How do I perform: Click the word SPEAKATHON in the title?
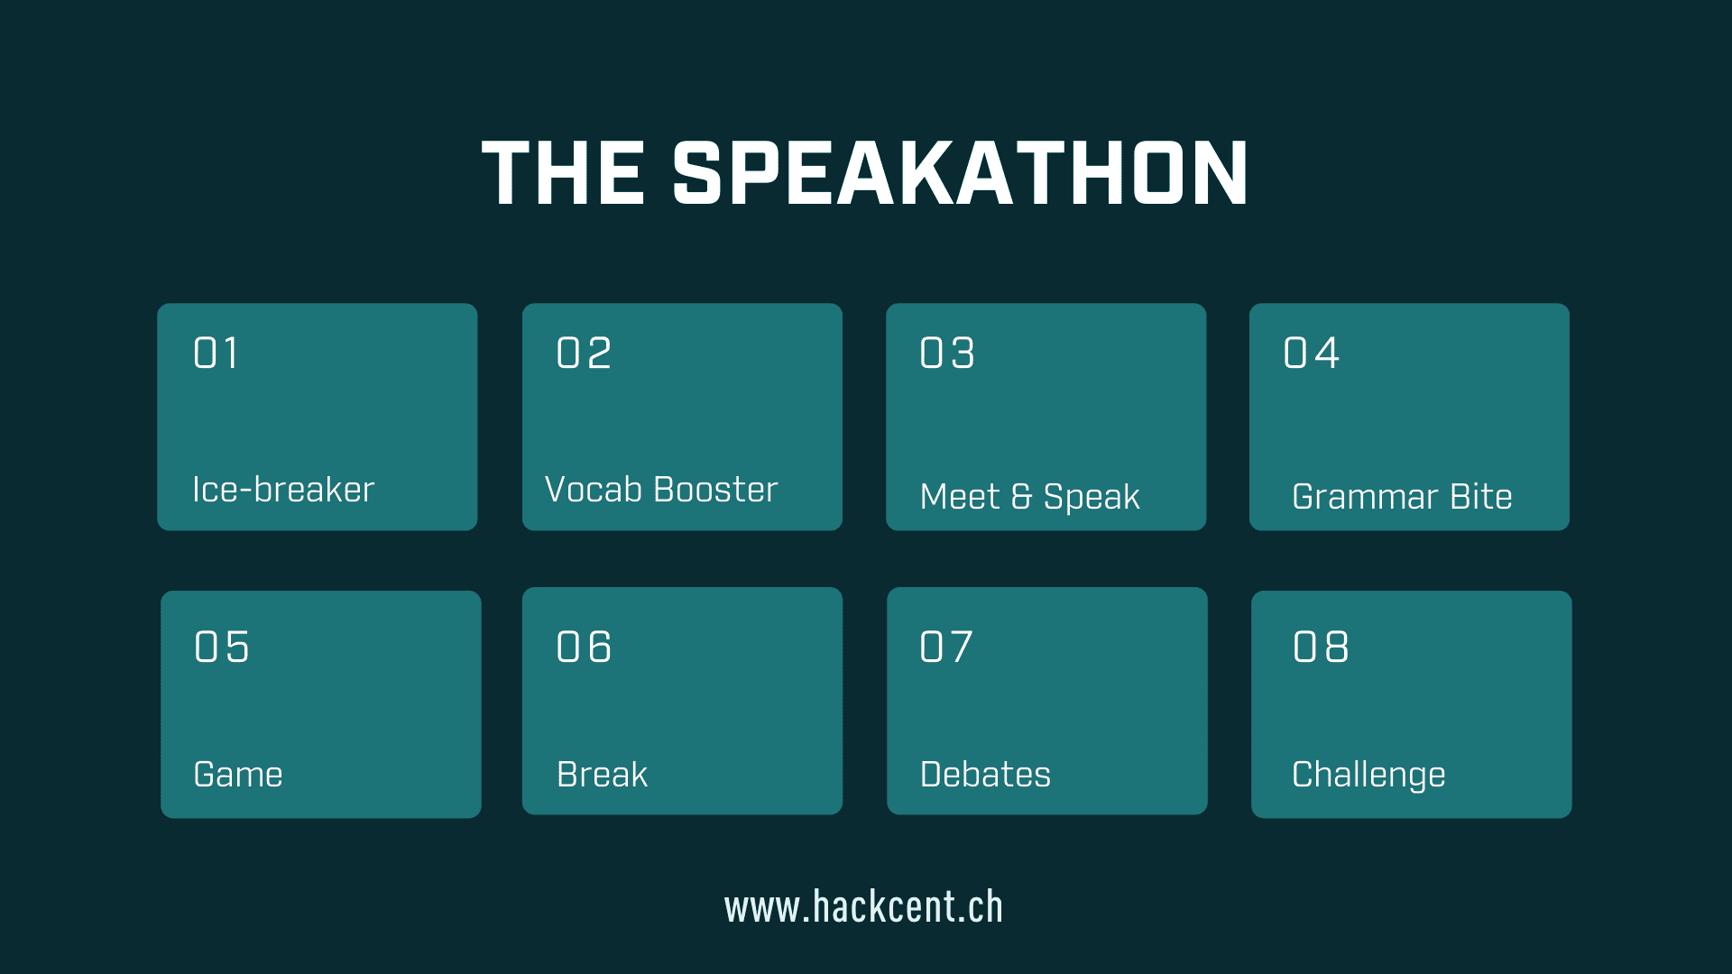(x=960, y=173)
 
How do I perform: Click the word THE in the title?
(x=564, y=173)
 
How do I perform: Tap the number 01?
(x=216, y=353)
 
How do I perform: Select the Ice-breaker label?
(x=283, y=490)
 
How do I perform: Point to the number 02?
(x=584, y=353)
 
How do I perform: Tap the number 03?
(x=947, y=353)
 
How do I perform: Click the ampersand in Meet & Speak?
(x=1021, y=497)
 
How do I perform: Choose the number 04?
(x=1311, y=353)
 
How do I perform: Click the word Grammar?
(x=1365, y=497)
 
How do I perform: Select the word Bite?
(x=1481, y=497)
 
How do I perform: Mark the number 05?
(x=222, y=647)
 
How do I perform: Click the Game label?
(x=238, y=775)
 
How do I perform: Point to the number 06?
(x=584, y=647)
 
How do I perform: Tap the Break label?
(x=603, y=775)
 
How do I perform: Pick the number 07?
(x=946, y=647)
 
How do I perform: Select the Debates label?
(x=985, y=775)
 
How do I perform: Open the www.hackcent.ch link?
(x=863, y=907)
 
